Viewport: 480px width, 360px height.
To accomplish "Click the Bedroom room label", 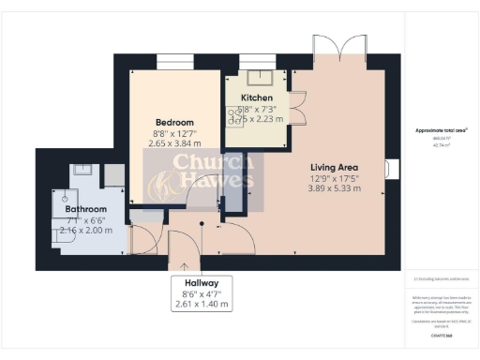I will [x=174, y=123].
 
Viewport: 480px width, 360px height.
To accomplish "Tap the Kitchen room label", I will [x=257, y=97].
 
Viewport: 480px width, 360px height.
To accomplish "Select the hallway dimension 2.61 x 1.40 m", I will [x=201, y=305].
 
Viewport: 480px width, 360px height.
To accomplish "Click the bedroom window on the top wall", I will [x=173, y=63].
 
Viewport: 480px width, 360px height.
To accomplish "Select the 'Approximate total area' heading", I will [x=440, y=131].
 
